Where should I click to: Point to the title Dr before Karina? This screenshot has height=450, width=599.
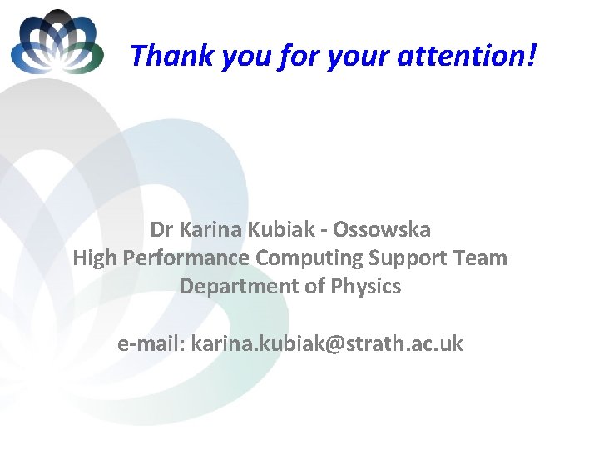161,228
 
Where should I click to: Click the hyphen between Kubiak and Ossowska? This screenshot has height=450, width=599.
321,230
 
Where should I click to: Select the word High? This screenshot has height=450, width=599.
94,258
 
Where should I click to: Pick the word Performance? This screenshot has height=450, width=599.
186,258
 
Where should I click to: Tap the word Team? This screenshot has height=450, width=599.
482,257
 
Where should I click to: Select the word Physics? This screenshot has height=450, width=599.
366,287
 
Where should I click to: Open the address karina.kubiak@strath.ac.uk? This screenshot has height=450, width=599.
327,342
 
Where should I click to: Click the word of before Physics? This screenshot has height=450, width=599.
316,287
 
